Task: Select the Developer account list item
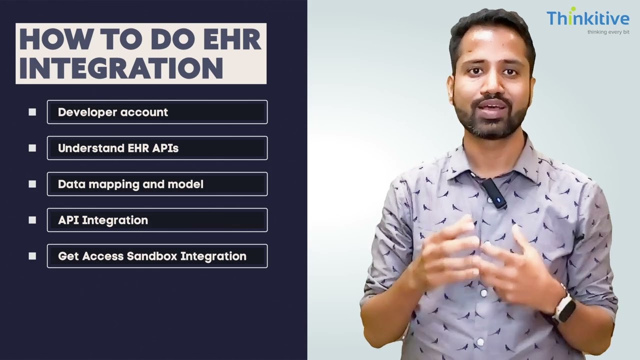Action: [x=157, y=112]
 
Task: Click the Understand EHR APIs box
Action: [x=157, y=148]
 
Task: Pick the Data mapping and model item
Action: [x=157, y=184]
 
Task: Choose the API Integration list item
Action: [x=157, y=220]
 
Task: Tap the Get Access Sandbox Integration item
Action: [x=157, y=256]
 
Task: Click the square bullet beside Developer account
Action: [x=32, y=112]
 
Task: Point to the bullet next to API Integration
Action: [x=32, y=220]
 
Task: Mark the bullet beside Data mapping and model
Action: [x=32, y=184]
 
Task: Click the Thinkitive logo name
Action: [x=587, y=19]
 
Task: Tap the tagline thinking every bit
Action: [x=608, y=32]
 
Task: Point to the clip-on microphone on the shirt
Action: [x=495, y=193]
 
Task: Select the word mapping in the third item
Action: [x=114, y=184]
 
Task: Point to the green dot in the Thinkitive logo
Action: [x=573, y=9]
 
